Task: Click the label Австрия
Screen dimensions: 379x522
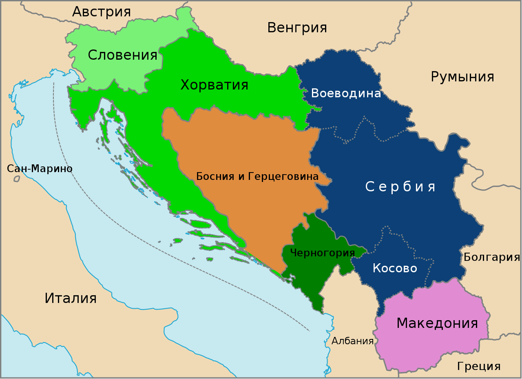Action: coord(101,12)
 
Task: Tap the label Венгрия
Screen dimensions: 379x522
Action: coord(297,28)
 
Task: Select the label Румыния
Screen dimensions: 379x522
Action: coord(462,77)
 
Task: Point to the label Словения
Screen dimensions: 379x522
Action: coord(122,55)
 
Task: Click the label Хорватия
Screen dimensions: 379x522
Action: coord(214,85)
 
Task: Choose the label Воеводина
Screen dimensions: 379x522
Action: coord(346,94)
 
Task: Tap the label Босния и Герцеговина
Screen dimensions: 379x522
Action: coord(257,176)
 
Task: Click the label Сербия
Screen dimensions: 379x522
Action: coord(400,187)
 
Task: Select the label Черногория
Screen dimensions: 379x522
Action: coord(322,253)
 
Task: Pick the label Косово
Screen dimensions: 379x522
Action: coord(395,268)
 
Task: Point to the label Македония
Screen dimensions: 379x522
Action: coord(437,323)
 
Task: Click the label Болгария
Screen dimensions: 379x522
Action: coord(492,257)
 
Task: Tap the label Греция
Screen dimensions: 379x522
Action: coord(478,366)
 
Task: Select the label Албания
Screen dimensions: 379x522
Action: coord(352,341)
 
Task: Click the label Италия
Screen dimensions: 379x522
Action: coord(70,298)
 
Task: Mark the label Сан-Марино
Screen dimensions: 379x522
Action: coord(40,169)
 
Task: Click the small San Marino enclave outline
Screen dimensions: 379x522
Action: coord(17,179)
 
